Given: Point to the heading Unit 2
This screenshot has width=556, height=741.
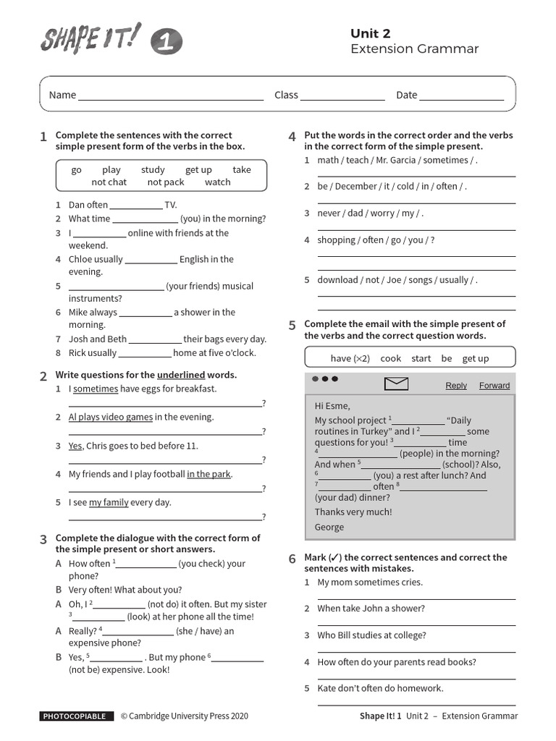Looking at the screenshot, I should point(371,33).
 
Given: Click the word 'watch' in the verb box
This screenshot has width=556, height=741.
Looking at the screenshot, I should point(217,182).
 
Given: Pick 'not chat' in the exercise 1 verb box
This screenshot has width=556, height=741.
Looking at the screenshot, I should point(109,182).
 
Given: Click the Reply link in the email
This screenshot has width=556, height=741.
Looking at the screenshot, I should point(456,386).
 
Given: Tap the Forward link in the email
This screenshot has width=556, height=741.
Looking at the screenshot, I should point(494,386).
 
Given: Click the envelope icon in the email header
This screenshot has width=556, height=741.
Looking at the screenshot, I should point(396,384).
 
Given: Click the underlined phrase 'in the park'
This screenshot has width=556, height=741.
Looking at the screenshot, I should point(208,475).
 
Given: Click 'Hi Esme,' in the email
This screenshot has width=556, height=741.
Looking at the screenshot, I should point(332,406).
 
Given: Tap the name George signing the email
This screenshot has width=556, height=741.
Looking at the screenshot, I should point(329,528).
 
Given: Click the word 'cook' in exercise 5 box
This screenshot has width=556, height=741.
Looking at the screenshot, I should point(390,358).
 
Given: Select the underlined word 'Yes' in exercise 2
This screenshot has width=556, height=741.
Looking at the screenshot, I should point(75,446).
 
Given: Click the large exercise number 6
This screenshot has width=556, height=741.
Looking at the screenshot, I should point(292,559).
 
